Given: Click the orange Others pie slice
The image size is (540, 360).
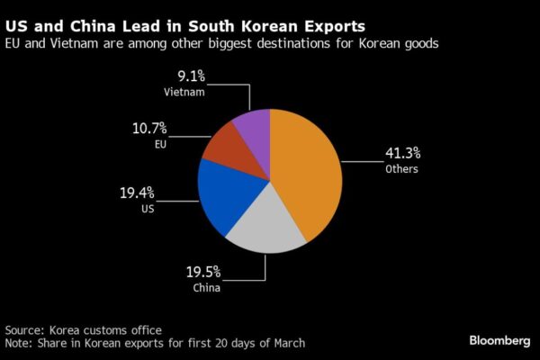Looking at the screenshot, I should tap(310, 171).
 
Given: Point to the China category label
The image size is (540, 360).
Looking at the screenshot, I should tap(206, 288).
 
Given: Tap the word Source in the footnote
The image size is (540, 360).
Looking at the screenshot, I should tap(23, 329).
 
